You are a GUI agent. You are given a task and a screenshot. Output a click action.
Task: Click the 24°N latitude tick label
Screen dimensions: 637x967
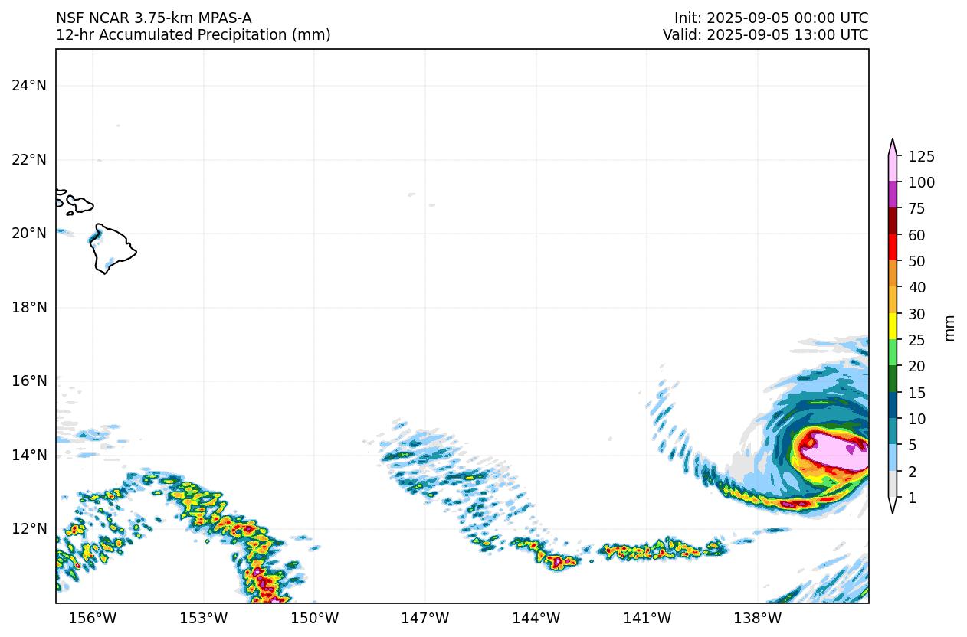[28, 85]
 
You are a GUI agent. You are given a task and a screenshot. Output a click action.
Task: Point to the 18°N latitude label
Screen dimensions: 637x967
[28, 307]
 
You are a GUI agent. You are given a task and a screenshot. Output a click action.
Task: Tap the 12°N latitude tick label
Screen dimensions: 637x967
[28, 529]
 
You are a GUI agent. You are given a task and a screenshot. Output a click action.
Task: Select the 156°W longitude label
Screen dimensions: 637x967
[93, 619]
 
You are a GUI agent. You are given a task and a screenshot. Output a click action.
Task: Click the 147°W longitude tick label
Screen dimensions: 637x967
[425, 619]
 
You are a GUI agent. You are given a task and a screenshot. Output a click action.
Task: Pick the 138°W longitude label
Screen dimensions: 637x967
[758, 619]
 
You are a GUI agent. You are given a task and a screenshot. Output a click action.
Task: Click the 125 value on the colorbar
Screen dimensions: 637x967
[921, 157]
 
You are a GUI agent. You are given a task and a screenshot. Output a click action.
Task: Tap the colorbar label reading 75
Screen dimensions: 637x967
[916, 209]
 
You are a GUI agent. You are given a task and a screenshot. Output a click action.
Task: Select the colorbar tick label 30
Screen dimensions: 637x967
[916, 314]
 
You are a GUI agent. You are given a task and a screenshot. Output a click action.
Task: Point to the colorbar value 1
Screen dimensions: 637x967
[912, 498]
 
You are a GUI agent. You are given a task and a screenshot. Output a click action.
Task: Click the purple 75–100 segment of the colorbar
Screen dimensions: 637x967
[893, 195]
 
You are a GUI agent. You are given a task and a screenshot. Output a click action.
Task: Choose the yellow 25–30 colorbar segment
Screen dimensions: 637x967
[893, 327]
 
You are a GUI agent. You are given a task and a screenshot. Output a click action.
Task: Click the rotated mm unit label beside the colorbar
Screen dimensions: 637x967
[949, 328]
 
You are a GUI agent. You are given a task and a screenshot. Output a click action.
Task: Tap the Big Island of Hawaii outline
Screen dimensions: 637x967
[113, 247]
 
